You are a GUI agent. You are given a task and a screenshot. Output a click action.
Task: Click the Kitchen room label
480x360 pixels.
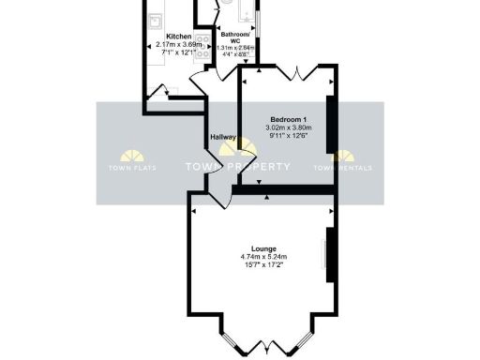(x=178, y=35)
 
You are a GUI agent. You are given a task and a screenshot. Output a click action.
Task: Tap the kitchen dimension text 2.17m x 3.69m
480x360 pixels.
(x=178, y=44)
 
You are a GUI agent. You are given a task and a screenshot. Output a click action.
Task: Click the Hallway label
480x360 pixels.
(x=223, y=138)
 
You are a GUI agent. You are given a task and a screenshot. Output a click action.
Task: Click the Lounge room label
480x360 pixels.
(x=262, y=247)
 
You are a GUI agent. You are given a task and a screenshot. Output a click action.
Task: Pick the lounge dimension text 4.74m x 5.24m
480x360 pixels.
(x=262, y=257)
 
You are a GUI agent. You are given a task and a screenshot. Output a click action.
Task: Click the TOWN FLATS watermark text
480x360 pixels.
(x=131, y=168)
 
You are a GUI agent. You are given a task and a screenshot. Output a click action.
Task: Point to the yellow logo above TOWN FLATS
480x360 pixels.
(x=131, y=154)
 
